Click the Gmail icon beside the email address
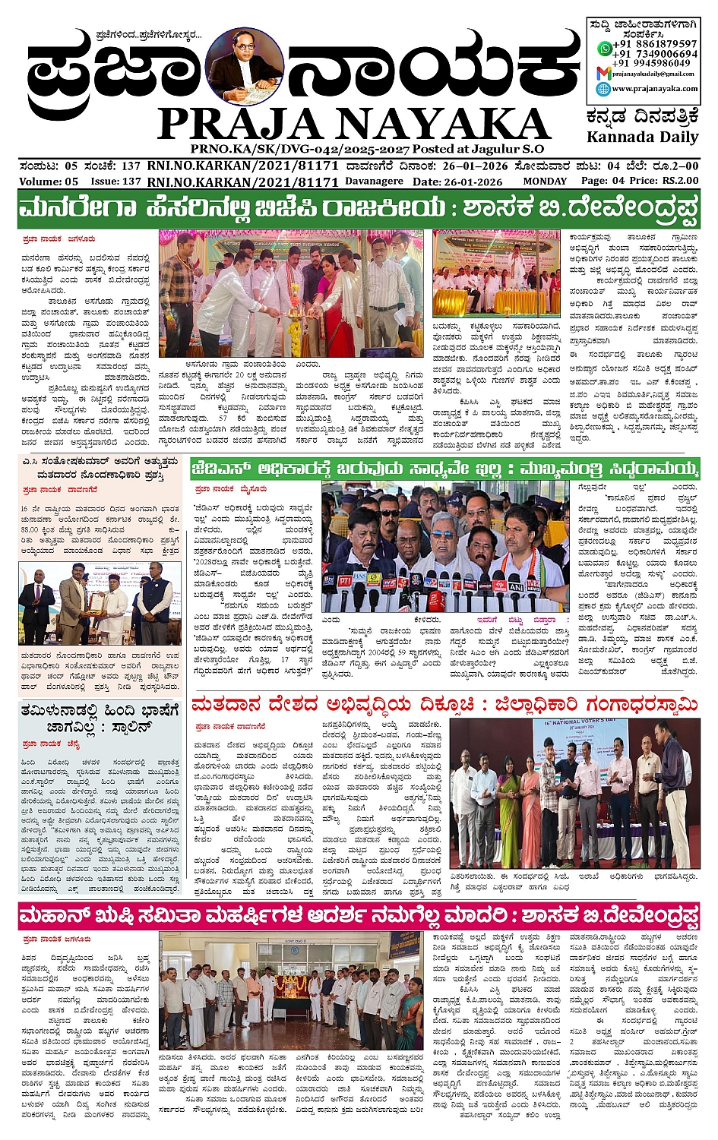tap(603, 73)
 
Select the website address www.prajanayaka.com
tap(654, 88)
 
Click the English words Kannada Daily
tap(642, 137)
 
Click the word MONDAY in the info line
tap(544, 182)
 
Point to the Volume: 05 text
tap(49, 182)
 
